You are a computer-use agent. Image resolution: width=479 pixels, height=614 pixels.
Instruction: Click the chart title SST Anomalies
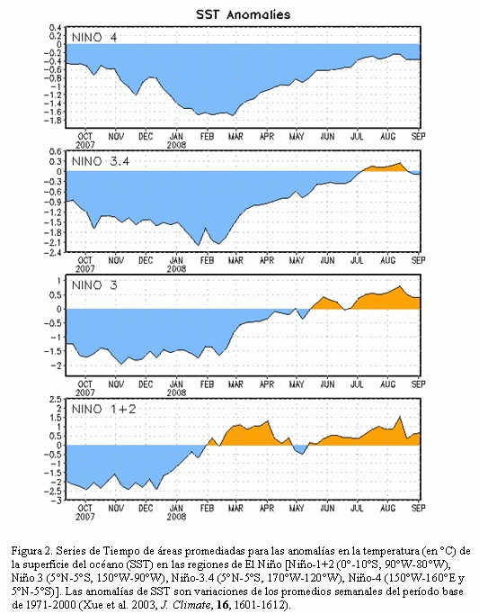[x=244, y=15]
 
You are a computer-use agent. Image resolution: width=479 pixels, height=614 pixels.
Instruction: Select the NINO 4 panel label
[x=94, y=38]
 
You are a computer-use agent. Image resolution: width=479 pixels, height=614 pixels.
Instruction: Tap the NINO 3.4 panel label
[x=101, y=161]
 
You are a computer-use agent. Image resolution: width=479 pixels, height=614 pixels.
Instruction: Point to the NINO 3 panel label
[x=94, y=285]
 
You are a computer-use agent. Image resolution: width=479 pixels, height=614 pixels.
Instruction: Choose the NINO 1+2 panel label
[x=104, y=410]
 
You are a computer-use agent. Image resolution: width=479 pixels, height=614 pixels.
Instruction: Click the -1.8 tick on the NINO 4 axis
[x=55, y=120]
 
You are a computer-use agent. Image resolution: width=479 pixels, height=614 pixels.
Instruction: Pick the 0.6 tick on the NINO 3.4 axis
[x=57, y=151]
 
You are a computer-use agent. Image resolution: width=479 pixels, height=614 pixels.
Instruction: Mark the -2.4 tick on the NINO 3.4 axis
[x=55, y=253]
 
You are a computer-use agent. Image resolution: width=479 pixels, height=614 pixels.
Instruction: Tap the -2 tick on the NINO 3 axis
[x=58, y=366]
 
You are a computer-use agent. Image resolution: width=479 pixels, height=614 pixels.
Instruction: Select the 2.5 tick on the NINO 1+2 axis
[x=57, y=400]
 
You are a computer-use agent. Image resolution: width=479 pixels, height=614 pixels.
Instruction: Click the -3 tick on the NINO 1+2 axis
[x=58, y=501]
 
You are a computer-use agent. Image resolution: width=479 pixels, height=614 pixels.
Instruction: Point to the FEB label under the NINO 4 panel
[x=207, y=136]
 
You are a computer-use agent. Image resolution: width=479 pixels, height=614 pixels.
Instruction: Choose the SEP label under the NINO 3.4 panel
[x=419, y=260]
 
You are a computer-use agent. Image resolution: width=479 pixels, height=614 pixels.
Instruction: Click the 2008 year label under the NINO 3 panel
[x=176, y=393]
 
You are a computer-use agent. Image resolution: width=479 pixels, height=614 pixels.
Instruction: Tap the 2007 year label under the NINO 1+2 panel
[x=84, y=517]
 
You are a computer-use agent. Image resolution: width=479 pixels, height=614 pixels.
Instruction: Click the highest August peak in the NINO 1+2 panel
[x=400, y=416]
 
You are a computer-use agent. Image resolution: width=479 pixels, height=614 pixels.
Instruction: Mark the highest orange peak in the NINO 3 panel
[x=400, y=286]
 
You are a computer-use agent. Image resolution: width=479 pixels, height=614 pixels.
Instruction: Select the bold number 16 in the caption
[x=222, y=604]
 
